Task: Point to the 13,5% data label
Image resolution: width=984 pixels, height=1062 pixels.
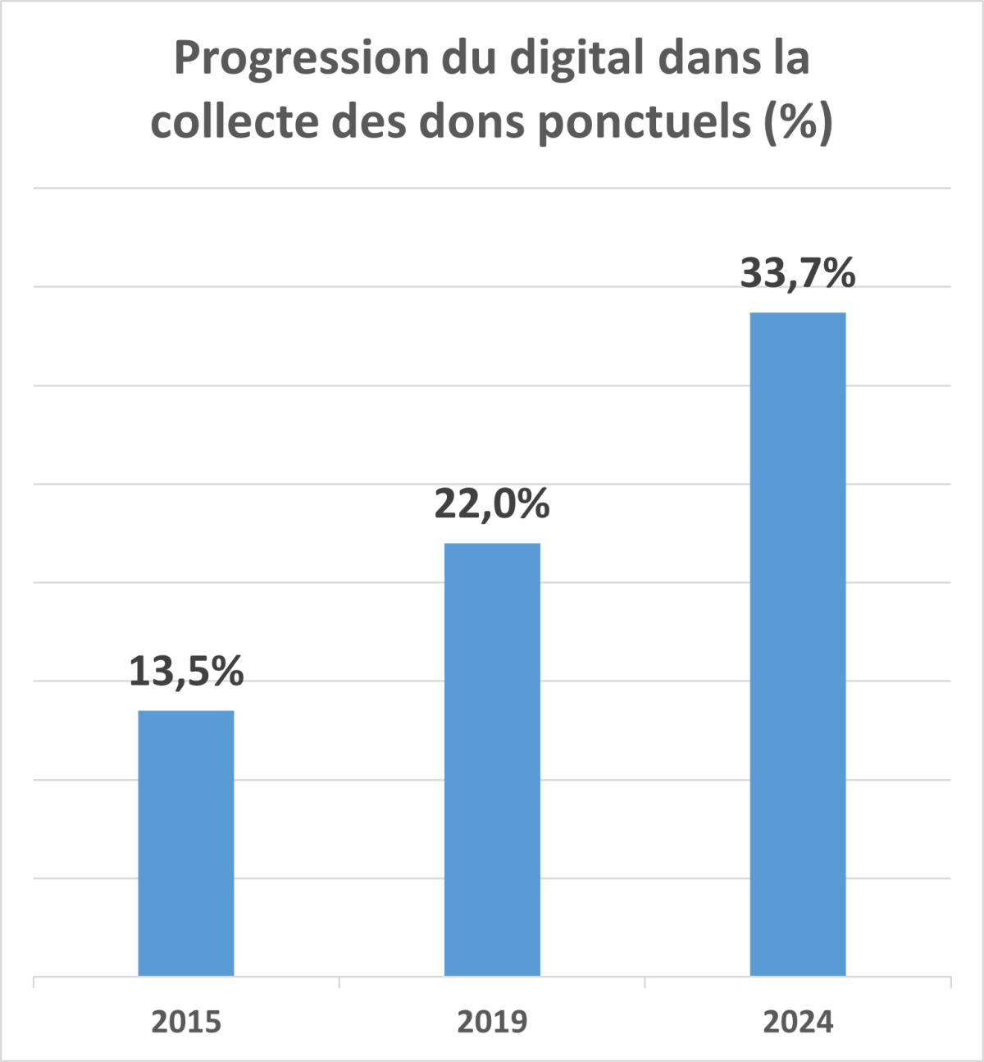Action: [186, 672]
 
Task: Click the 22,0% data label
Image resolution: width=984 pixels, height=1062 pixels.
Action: [492, 504]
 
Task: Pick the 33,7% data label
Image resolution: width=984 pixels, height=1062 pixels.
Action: [798, 273]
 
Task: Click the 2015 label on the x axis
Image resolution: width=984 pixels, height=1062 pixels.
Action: [186, 1022]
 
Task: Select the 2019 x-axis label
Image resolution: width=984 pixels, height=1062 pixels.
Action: [492, 1022]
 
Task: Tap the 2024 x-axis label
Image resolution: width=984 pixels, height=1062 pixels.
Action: [798, 1022]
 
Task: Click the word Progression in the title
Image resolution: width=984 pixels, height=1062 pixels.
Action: [302, 59]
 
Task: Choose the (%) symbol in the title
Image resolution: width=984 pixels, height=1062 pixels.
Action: [799, 122]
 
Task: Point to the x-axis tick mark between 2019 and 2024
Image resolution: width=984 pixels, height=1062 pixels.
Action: [645, 982]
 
